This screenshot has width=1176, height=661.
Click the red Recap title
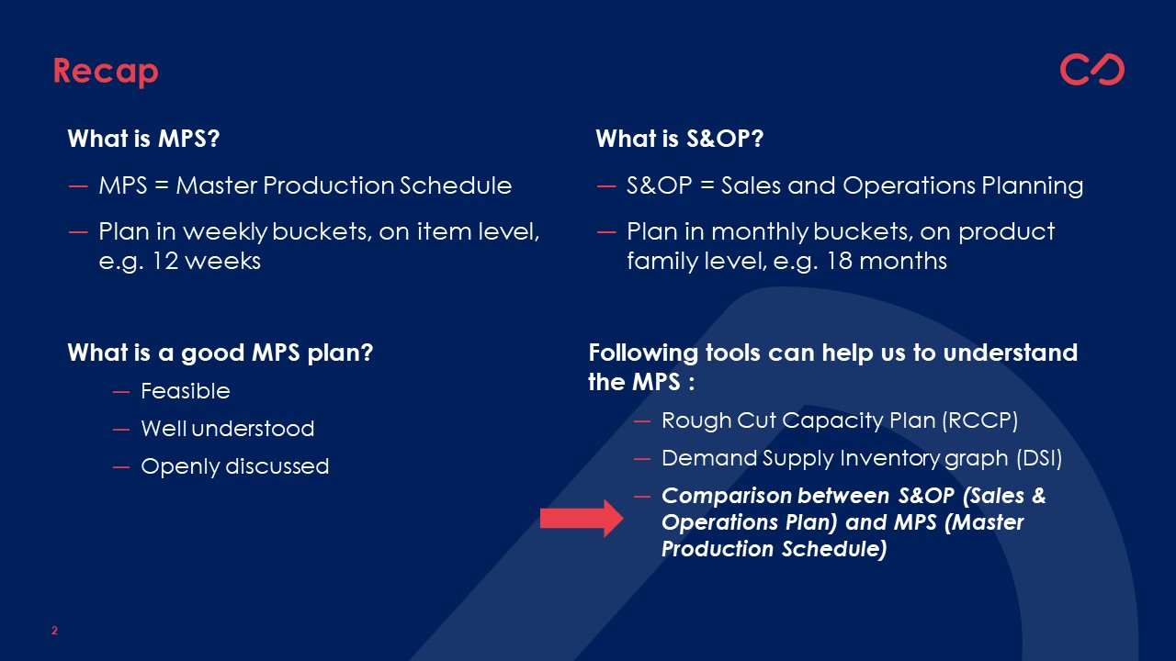click(x=106, y=72)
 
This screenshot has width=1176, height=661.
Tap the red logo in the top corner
click(x=1092, y=69)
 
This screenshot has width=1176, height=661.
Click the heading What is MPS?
click(x=143, y=139)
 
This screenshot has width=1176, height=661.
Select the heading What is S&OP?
click(x=679, y=139)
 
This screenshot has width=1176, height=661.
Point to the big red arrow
click(x=582, y=519)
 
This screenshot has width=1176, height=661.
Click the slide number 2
click(x=54, y=631)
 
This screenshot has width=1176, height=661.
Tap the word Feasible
click(x=186, y=391)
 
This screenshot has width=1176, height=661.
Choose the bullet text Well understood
click(x=228, y=429)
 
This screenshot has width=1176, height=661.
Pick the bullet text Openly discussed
click(x=235, y=466)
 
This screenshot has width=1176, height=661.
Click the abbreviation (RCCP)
click(x=979, y=420)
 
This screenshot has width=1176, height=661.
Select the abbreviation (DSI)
click(x=1039, y=458)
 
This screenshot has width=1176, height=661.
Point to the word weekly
click(x=225, y=232)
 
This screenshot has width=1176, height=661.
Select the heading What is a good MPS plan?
click(x=220, y=353)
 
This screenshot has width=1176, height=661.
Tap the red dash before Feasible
click(x=121, y=392)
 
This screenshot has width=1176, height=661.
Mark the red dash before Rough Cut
click(x=642, y=421)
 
